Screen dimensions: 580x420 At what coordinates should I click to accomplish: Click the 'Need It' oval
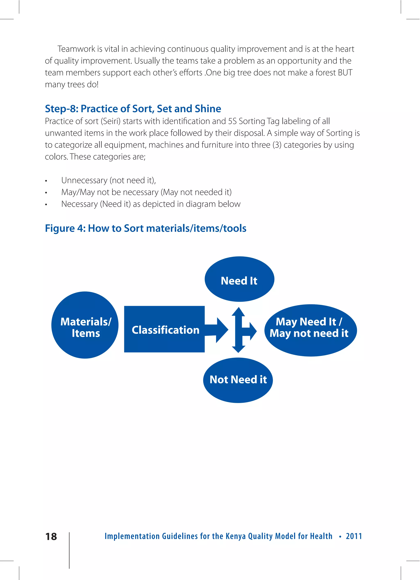coord(239,279)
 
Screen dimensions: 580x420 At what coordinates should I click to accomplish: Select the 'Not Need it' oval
coord(238,380)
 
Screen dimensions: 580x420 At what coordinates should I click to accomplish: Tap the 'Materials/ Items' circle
coord(85,325)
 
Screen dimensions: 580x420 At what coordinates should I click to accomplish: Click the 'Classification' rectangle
coord(164,329)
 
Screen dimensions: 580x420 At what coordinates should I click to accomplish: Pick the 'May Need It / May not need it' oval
coord(310,330)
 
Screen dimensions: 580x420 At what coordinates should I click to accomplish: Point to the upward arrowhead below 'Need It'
coord(238,312)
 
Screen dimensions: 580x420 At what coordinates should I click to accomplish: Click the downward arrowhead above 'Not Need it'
coord(238,349)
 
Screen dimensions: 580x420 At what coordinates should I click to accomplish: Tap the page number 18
coord(51,537)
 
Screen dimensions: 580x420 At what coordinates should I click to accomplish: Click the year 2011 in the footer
coord(354,536)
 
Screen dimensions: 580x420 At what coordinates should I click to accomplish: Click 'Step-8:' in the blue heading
coord(62,109)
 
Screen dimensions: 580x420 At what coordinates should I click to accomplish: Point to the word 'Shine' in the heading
coord(208,109)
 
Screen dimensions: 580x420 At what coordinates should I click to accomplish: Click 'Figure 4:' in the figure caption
coord(65,228)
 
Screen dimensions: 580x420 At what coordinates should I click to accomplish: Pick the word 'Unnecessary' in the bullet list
coord(84,180)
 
